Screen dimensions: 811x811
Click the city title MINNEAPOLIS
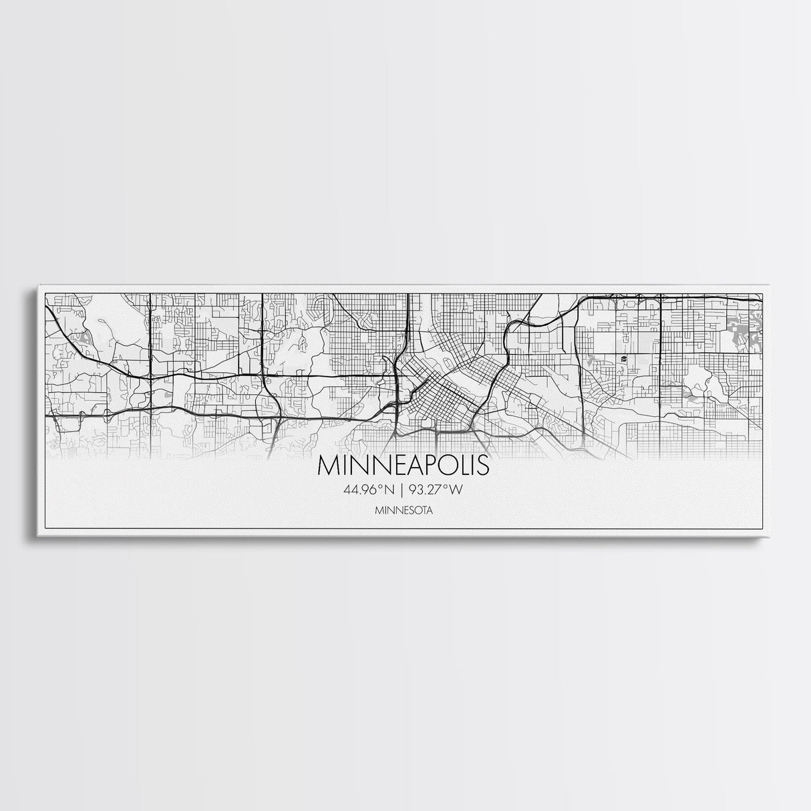[403, 466]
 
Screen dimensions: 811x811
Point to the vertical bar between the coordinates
[401, 490]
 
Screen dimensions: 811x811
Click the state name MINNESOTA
[403, 511]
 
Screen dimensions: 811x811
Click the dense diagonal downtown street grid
[441, 394]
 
